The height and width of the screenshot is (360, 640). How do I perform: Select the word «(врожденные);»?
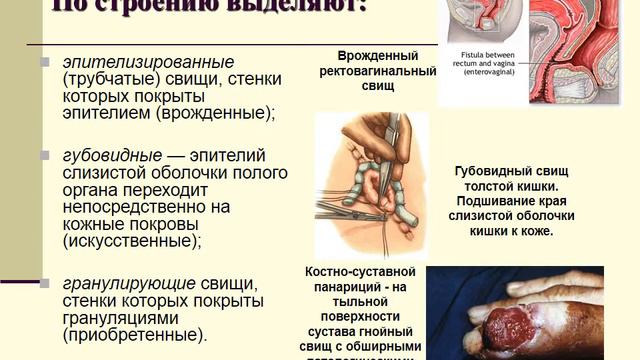223,113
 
